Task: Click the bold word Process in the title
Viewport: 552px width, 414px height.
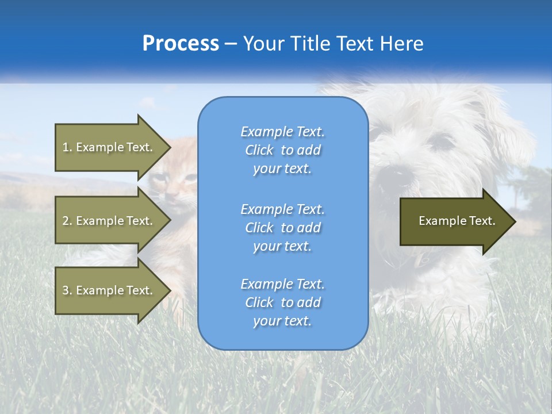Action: [181, 44]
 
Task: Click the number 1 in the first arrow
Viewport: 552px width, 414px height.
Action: [66, 147]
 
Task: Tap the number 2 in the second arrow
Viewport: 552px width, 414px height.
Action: [66, 221]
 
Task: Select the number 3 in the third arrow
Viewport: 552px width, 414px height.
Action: [66, 290]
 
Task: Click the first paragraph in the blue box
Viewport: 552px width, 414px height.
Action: [282, 150]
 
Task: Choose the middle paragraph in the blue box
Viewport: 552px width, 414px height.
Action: [282, 227]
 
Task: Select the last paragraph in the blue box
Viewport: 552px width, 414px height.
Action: [282, 302]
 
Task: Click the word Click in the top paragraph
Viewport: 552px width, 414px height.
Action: [259, 150]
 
